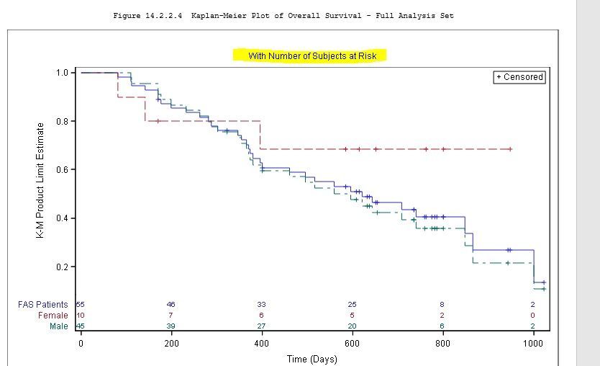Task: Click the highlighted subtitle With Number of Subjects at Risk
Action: tap(309, 55)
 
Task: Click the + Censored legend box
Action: tap(519, 77)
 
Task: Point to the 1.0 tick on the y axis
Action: tap(62, 73)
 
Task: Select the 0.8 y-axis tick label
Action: tap(62, 121)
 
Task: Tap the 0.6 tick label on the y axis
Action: tap(62, 170)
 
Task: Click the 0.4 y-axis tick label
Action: tap(62, 218)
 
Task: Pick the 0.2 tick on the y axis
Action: tap(62, 267)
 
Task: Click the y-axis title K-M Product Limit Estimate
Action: tap(41, 180)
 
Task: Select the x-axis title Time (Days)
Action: tap(312, 359)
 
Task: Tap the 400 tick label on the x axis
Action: tap(262, 344)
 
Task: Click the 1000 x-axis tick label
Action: tap(533, 344)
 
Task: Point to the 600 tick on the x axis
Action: tap(352, 344)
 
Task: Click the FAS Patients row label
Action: tap(43, 305)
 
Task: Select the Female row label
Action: tap(53, 316)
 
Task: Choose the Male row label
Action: tap(58, 326)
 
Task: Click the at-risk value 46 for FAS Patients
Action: tap(171, 305)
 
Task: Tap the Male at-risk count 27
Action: tap(262, 326)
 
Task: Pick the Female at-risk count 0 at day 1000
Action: tap(533, 316)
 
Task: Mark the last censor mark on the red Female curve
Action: tap(510, 149)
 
